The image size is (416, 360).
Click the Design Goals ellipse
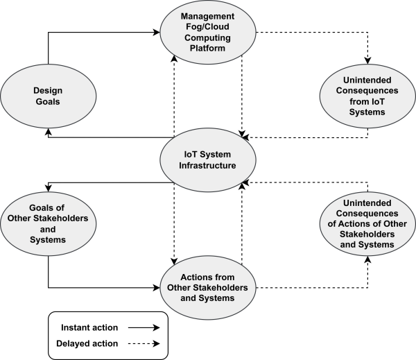coord(48,95)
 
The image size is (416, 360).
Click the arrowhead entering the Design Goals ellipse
coord(48,131)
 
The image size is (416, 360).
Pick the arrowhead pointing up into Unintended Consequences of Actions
coord(367,262)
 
